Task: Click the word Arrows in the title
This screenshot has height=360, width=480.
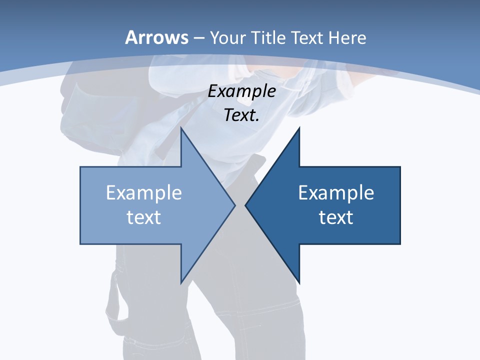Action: tap(157, 37)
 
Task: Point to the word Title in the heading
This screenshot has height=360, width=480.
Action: tap(268, 37)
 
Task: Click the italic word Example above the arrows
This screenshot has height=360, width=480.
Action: tap(241, 91)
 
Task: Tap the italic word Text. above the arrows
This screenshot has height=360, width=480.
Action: tap(241, 115)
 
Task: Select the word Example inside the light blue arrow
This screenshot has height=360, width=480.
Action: tap(144, 193)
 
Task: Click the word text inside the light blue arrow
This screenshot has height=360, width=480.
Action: tap(144, 217)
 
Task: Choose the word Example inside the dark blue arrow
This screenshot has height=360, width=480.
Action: tap(336, 193)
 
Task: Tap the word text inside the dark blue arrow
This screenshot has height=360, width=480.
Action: tap(336, 217)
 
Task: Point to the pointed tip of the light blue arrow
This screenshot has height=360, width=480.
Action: tap(235, 205)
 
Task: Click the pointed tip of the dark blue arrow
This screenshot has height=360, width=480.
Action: tap(245, 205)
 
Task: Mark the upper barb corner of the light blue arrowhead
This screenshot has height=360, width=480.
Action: tap(181, 128)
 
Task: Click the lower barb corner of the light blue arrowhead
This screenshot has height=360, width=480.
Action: tap(181, 283)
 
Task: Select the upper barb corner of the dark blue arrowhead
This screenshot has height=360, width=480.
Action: tap(299, 128)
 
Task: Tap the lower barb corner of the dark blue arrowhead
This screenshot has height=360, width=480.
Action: tap(299, 283)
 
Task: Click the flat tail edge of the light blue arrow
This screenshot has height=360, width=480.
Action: tap(80, 205)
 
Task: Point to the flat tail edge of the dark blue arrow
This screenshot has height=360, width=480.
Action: tap(400, 205)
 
